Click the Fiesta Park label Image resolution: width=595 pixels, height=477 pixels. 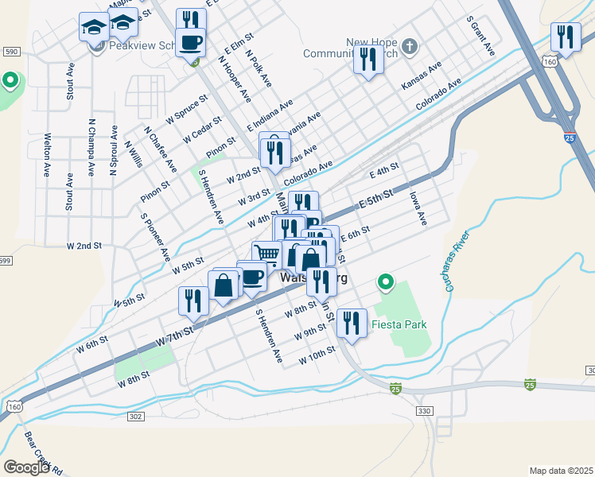coord(400,324)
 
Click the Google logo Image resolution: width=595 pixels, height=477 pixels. coord(26,467)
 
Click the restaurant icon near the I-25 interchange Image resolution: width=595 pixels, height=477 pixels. coord(566,37)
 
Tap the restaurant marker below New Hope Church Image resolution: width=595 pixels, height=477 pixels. coord(368,60)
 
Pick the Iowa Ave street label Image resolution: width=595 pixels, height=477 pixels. coord(418,207)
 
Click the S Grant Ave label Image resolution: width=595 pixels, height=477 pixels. coord(481,35)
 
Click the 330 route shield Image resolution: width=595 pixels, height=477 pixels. coord(423,410)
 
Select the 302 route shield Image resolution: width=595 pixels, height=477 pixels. coord(135,416)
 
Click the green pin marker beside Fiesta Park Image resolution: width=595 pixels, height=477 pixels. coord(386,282)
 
